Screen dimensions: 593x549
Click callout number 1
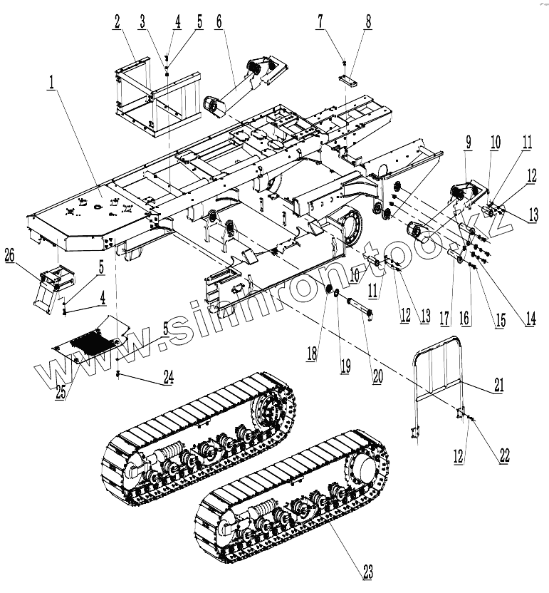(52, 84)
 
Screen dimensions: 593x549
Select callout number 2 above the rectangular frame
(116, 21)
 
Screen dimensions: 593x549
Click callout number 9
(467, 141)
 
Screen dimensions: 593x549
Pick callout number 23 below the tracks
(368, 570)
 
